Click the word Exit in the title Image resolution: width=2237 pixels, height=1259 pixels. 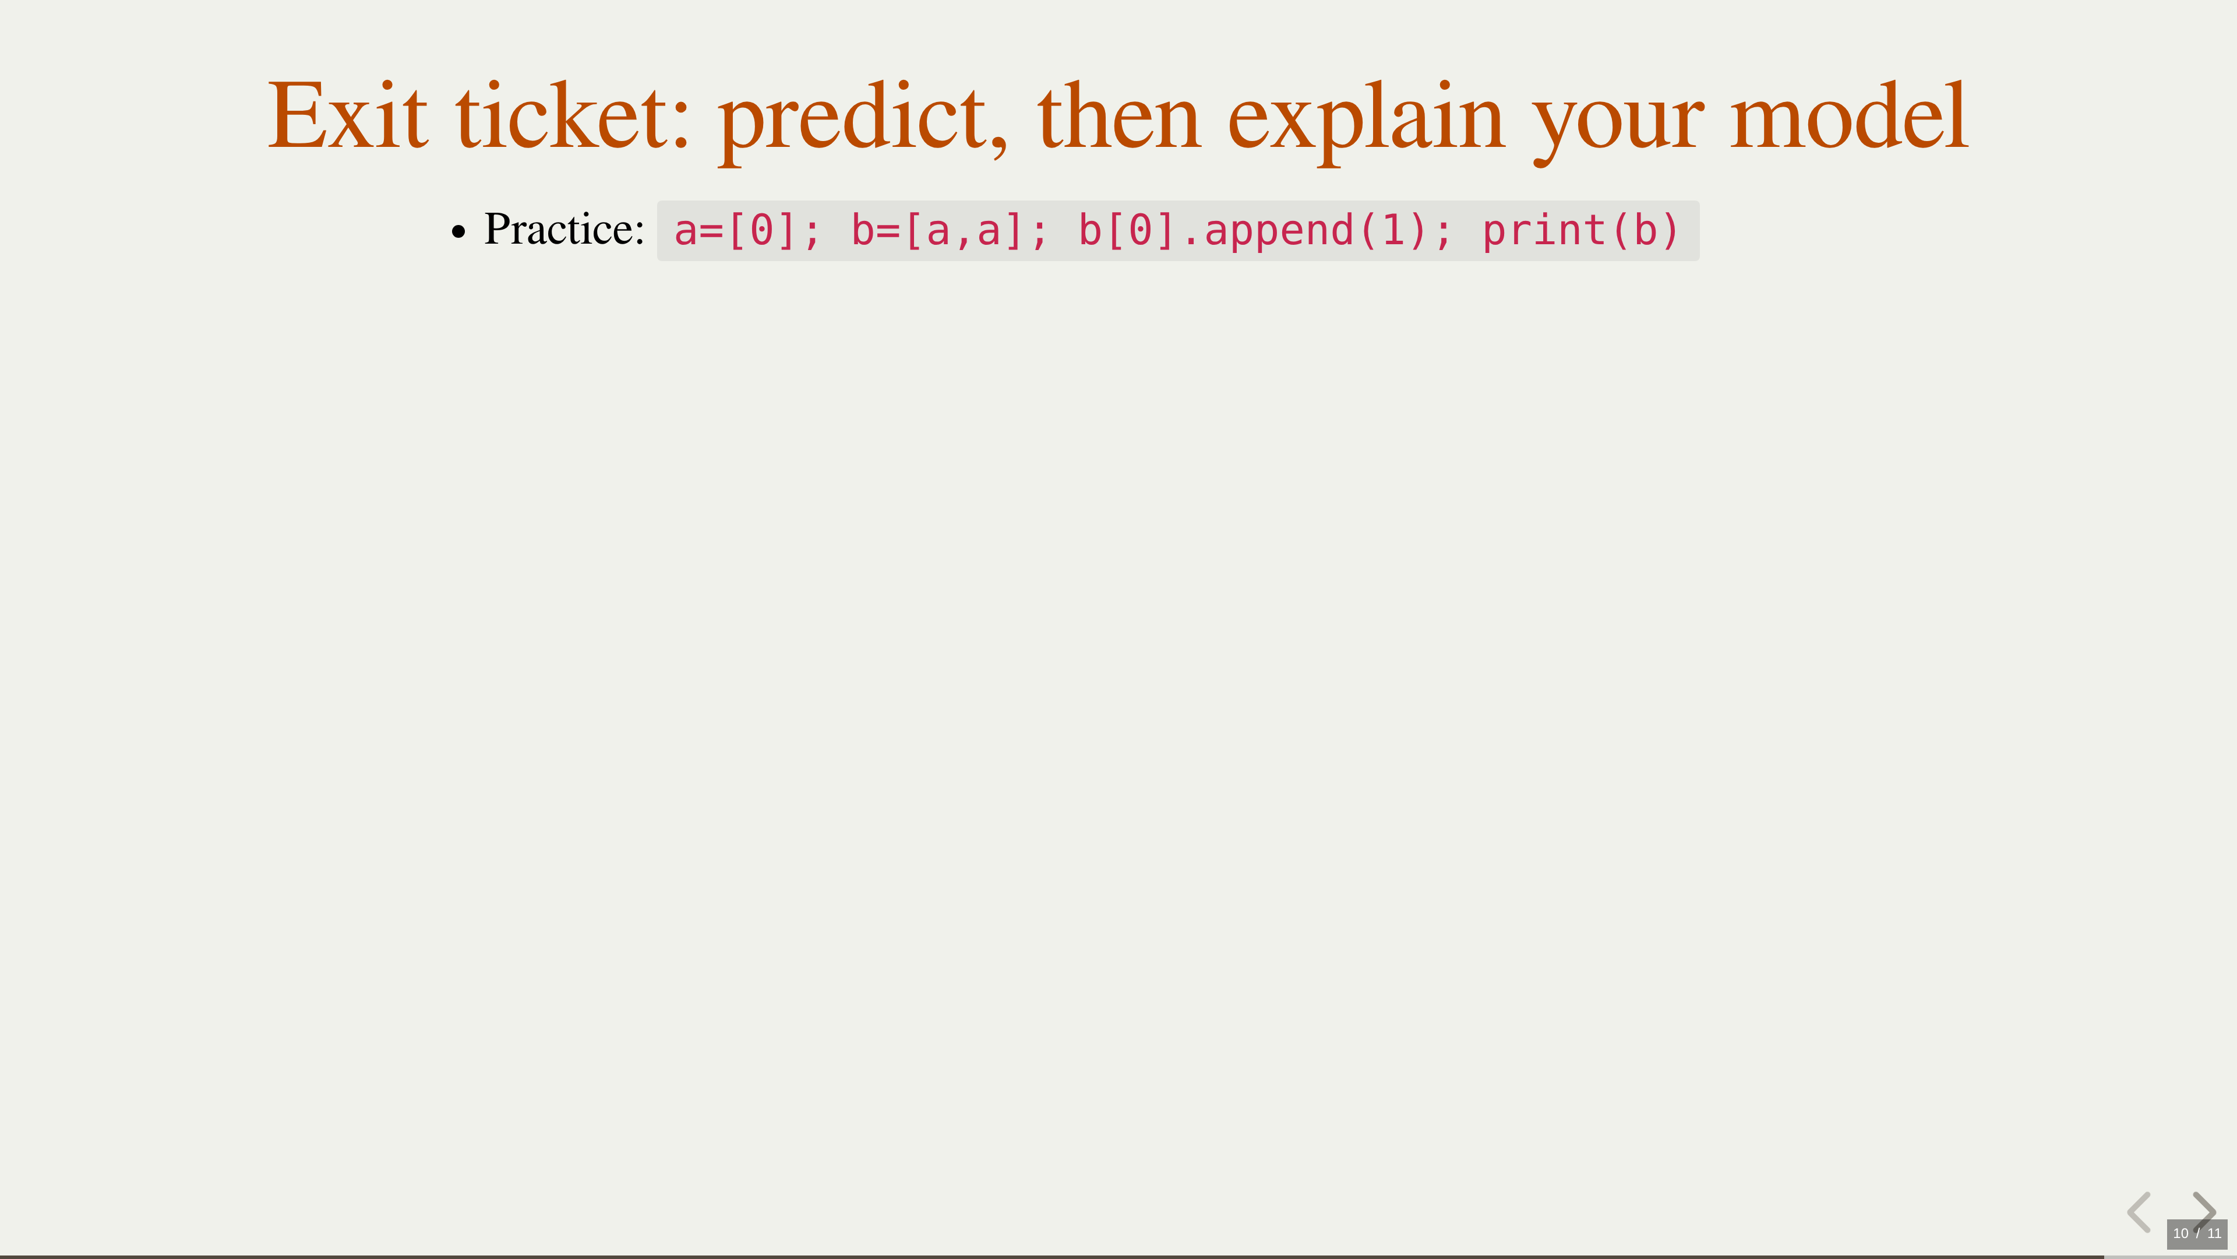point(347,115)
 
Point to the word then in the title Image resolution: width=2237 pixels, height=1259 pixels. point(1119,115)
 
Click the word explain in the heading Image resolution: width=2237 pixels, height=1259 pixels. point(1366,122)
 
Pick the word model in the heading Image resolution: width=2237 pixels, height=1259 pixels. point(1849,115)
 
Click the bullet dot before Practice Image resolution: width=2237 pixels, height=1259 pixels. point(458,232)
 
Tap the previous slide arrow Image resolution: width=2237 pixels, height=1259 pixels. point(2139,1212)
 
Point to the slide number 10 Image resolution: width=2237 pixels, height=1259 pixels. point(2180,1233)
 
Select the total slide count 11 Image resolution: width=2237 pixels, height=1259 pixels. point(2214,1233)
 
